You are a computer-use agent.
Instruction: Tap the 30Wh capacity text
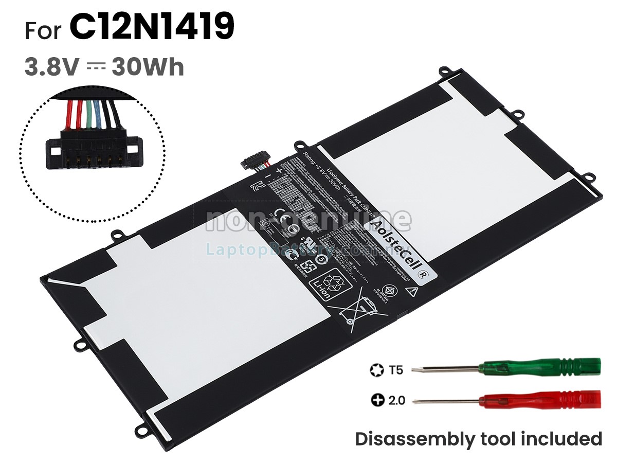[148, 67]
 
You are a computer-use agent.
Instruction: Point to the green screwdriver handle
[540, 367]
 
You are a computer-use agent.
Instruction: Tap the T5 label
[396, 369]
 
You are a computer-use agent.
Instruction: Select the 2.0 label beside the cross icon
[396, 400]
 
